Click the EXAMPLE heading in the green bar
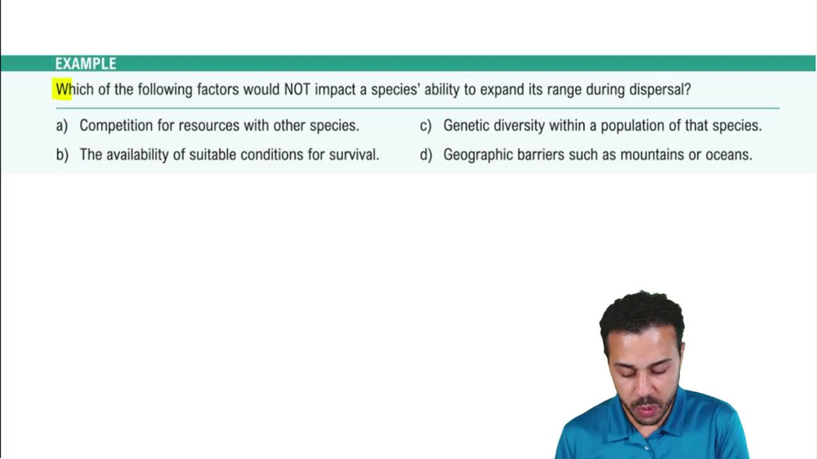pos(86,64)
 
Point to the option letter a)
pos(62,127)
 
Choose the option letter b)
pos(62,154)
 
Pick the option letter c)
pos(426,127)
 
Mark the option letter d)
pos(426,154)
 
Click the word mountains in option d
pos(654,154)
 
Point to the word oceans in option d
pos(729,154)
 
